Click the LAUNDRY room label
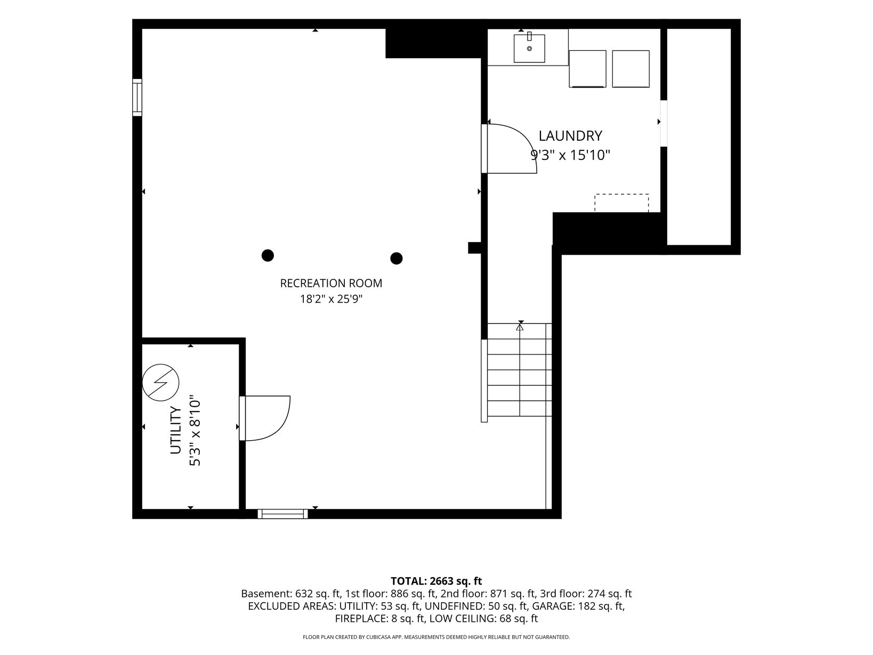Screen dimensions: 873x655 [570, 136]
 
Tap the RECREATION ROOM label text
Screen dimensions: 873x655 [331, 283]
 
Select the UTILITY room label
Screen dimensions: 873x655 [175, 430]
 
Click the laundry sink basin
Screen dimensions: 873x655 [529, 48]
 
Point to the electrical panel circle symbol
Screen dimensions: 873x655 [160, 382]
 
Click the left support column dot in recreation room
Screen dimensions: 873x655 [268, 255]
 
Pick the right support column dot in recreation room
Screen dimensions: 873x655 [396, 258]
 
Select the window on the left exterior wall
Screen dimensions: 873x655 [137, 98]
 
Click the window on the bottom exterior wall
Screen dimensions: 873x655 [283, 514]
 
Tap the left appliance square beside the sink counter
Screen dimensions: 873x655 [587, 69]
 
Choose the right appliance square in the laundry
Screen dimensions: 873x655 [631, 69]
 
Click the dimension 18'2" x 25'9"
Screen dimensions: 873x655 [331, 298]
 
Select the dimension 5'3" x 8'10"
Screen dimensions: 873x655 [195, 430]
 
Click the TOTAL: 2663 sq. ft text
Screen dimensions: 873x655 [436, 581]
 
